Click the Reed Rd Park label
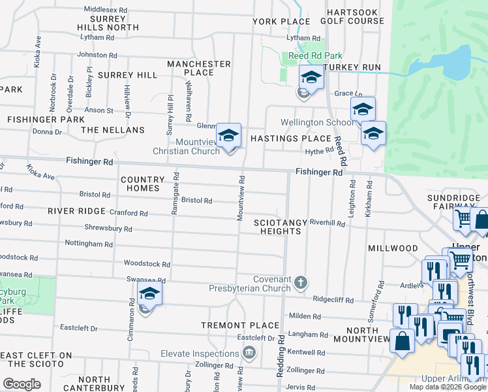[x=316, y=56]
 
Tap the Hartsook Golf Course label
[x=356, y=16]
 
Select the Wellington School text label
[x=318, y=122]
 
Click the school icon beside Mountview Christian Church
[x=228, y=137]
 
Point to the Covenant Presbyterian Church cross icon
[x=300, y=283]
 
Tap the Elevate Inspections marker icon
[x=249, y=353]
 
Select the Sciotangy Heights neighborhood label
[x=280, y=227]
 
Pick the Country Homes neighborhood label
[x=142, y=184]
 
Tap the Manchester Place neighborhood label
[x=199, y=68]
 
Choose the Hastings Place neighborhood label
[x=291, y=139]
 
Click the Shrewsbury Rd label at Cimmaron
[x=108, y=229]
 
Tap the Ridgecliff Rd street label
[x=333, y=301]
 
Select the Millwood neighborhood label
[x=393, y=248]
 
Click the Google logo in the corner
[x=22, y=384]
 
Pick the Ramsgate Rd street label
[x=175, y=186]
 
